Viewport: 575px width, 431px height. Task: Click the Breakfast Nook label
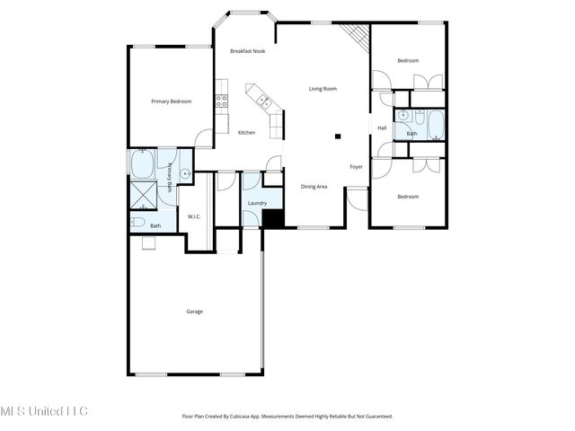(247, 51)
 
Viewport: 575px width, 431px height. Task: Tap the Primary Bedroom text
(171, 101)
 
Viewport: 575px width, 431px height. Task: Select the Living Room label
(323, 89)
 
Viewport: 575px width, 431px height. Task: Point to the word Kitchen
(246, 133)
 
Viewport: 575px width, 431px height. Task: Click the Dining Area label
(314, 186)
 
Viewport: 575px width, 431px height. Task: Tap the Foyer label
(357, 167)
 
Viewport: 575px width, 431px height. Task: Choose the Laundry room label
(257, 204)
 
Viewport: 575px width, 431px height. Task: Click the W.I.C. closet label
(194, 216)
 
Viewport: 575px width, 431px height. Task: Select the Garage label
(194, 312)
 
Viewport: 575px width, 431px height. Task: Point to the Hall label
(382, 128)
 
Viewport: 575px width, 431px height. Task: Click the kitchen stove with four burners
(221, 101)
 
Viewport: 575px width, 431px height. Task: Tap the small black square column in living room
(338, 136)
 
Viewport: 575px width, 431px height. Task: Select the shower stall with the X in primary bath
(143, 193)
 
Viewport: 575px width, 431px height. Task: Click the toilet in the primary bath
(137, 222)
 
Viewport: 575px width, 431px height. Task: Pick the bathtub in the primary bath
(144, 165)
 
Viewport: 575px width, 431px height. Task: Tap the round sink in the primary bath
(185, 174)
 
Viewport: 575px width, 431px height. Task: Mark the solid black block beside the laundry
(273, 218)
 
